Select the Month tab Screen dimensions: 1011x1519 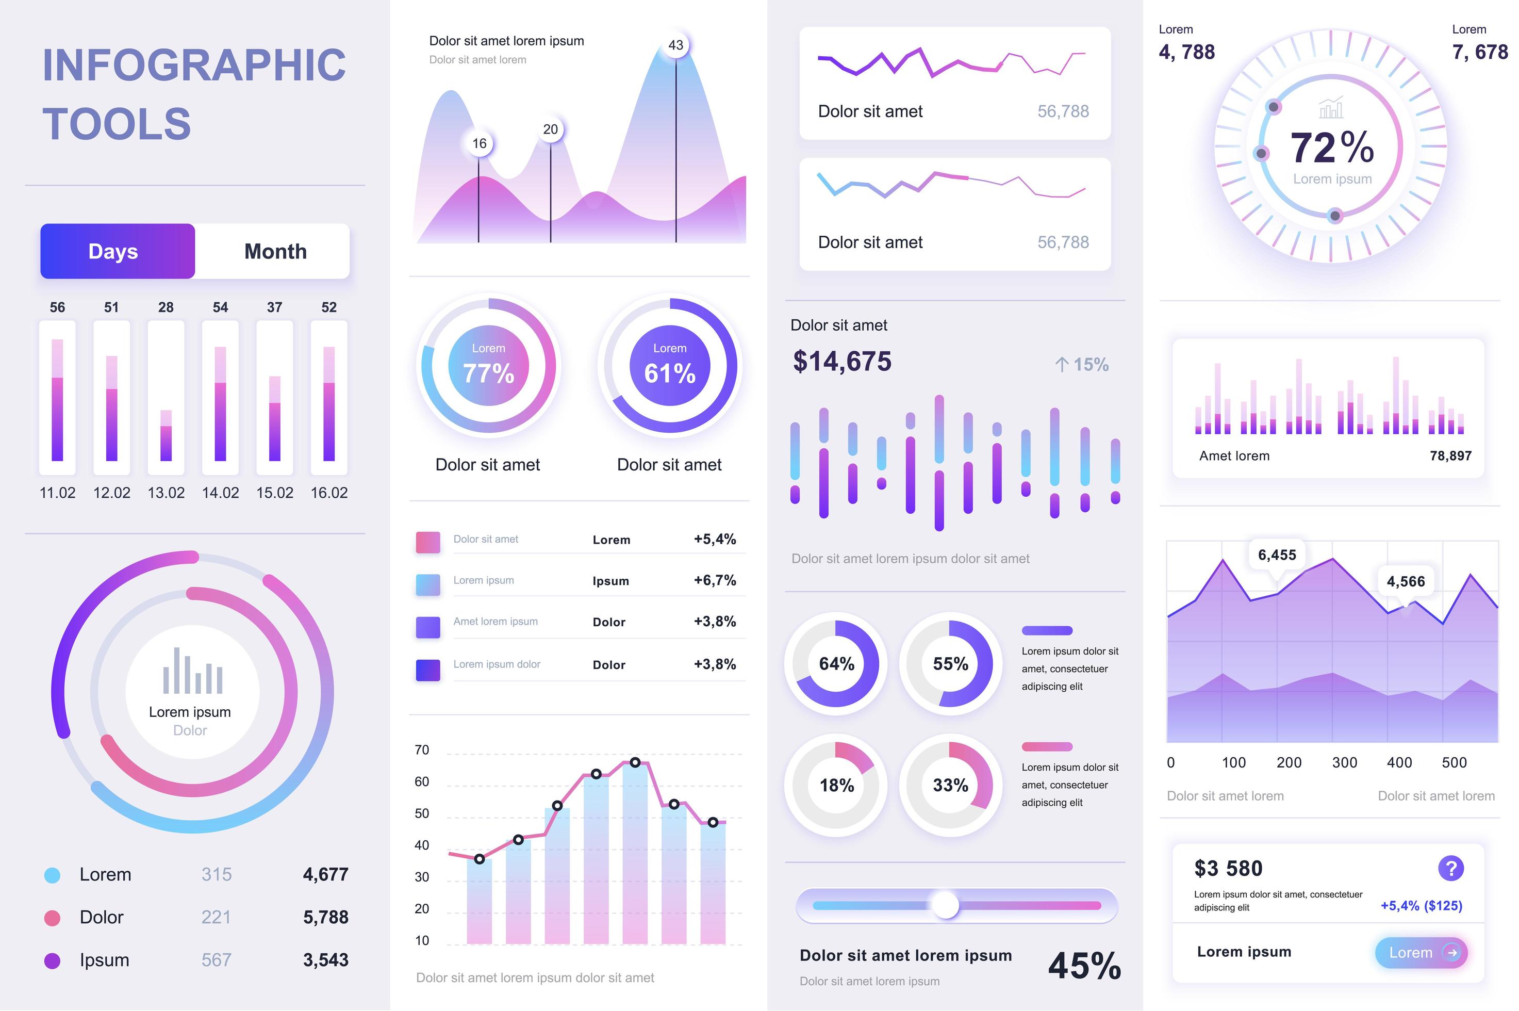tap(275, 252)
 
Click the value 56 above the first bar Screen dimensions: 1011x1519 tap(57, 307)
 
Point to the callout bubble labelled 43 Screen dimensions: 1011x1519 tap(675, 45)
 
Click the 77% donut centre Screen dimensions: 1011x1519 tap(488, 366)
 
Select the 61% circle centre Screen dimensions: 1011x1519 tap(670, 366)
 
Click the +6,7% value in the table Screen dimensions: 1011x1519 tap(714, 580)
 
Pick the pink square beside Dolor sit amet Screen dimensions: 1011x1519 tap(428, 542)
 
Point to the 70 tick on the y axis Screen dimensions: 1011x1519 tap(421, 750)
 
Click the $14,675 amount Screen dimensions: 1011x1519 tap(841, 362)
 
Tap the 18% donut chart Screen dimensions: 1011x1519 tap(836, 785)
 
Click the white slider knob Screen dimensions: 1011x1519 tap(946, 905)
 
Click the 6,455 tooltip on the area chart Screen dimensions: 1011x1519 tap(1276, 555)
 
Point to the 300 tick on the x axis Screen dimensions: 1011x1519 tap(1344, 763)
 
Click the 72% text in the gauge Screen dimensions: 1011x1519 tap(1331, 148)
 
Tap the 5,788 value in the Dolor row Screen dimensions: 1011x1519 tap(325, 918)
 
